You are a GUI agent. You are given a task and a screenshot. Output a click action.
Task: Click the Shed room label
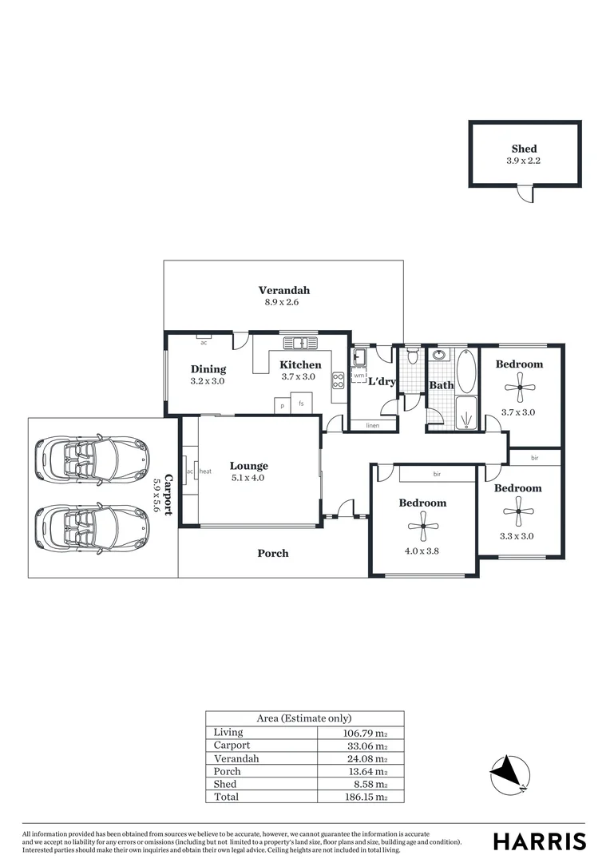point(524,149)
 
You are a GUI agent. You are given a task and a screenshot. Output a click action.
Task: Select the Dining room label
point(208,369)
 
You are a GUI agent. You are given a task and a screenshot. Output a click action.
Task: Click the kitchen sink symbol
point(300,344)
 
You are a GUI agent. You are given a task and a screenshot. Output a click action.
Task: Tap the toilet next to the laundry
point(412,353)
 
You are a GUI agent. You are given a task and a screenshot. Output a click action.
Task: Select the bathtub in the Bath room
point(465,372)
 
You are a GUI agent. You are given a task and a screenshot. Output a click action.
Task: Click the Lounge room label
point(248,466)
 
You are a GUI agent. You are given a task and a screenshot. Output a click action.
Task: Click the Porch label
point(272,553)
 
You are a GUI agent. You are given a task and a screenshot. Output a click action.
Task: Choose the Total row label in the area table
point(227,797)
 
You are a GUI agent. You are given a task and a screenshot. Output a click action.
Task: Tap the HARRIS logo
point(539,841)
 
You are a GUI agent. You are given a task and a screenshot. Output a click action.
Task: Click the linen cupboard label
point(372,426)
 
